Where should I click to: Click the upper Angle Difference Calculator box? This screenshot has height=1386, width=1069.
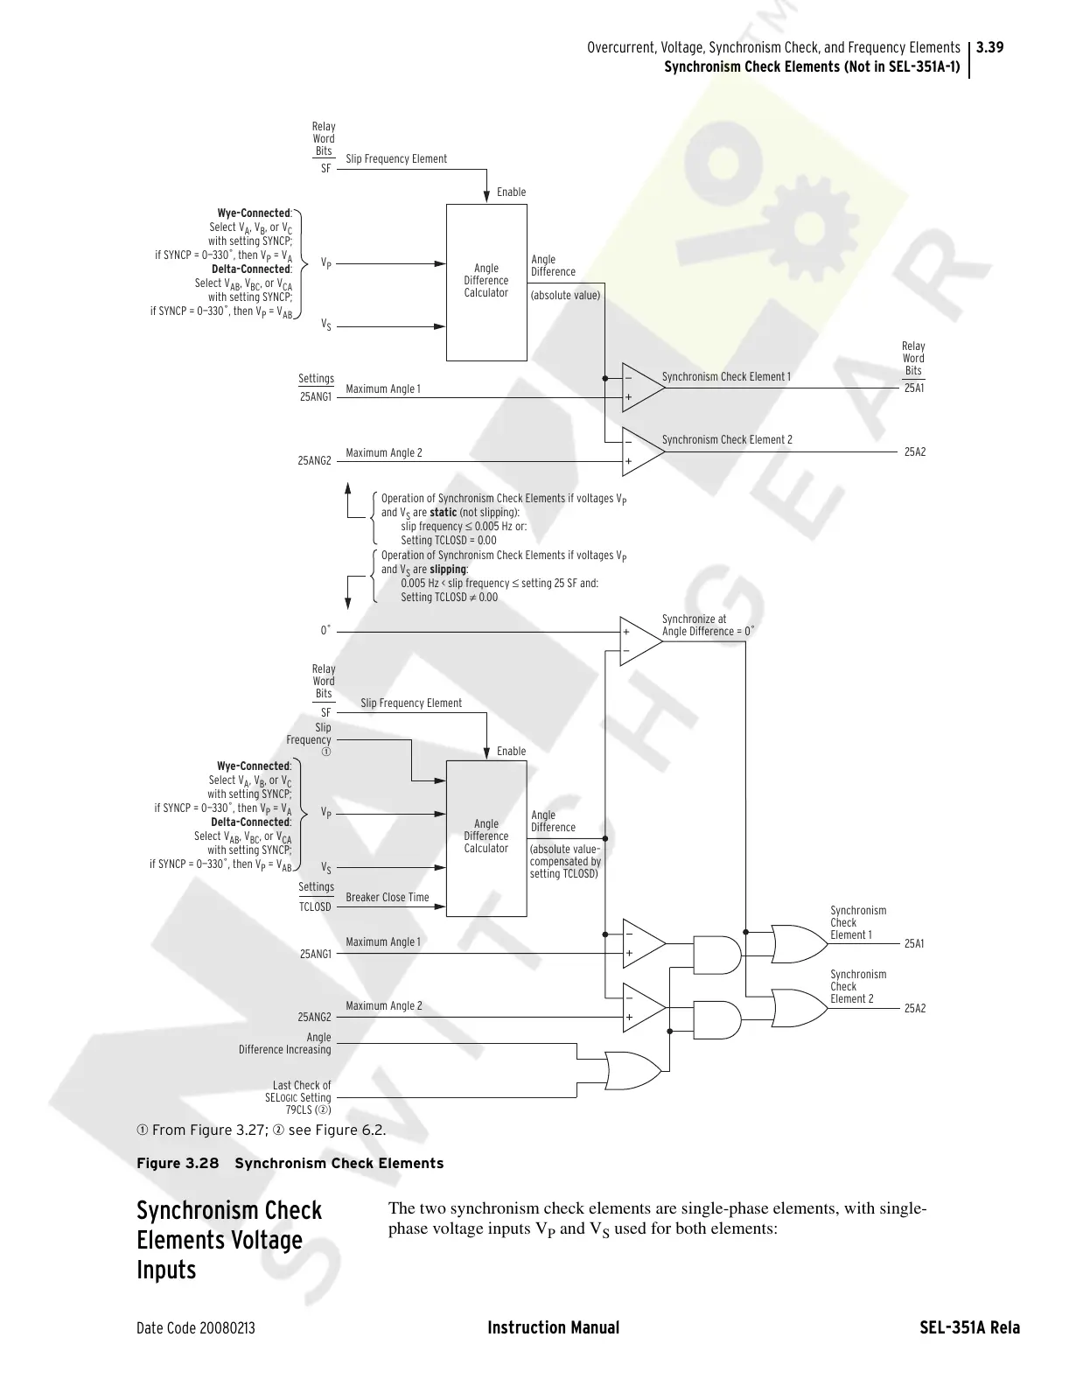[486, 282]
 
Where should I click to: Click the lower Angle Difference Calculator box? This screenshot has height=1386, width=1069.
[486, 837]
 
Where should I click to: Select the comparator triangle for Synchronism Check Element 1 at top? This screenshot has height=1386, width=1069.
[640, 386]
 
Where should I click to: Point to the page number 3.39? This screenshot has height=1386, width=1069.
[989, 47]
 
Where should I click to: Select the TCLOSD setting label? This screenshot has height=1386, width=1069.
[316, 906]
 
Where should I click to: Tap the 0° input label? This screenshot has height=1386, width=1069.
[325, 630]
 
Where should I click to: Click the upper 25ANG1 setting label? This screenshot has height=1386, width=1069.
[316, 396]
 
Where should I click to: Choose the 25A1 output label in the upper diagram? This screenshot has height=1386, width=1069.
[914, 388]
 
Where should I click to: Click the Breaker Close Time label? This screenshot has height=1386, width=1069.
[388, 897]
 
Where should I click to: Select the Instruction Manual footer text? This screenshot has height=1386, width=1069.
[553, 1327]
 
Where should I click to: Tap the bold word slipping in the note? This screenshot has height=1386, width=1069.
[448, 569]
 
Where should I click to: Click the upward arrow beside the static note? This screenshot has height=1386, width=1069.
[348, 490]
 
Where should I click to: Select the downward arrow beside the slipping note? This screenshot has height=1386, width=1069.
[348, 599]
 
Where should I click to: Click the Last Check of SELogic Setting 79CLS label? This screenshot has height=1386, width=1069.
[298, 1097]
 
